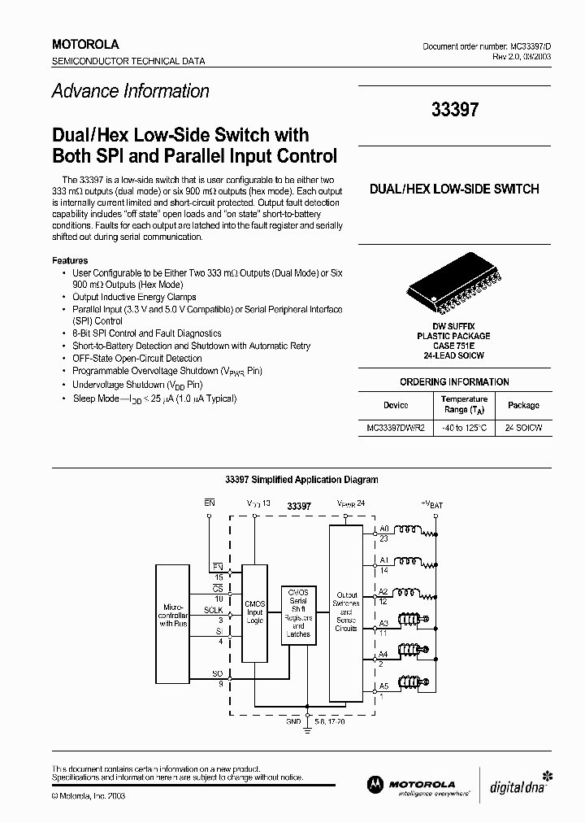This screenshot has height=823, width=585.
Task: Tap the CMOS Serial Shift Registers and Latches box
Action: pos(298,616)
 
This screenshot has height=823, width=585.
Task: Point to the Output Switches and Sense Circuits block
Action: pos(346,612)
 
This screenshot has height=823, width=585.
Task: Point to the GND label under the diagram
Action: pos(293,721)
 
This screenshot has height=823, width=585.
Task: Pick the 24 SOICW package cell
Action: pos(523,427)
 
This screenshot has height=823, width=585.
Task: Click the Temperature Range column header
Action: pos(464,404)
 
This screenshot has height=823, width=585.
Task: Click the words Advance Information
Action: pos(131,91)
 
